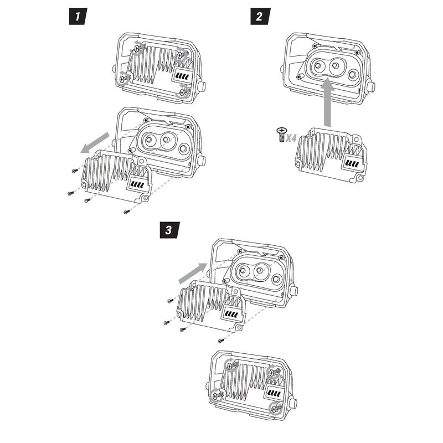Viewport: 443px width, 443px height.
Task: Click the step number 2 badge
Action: [258, 16]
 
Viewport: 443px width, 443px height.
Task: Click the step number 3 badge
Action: [168, 229]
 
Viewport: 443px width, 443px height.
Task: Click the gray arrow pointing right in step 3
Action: [192, 272]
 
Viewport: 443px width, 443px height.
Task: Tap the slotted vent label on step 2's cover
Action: [352, 164]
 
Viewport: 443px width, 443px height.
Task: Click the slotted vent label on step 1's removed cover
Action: [138, 184]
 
